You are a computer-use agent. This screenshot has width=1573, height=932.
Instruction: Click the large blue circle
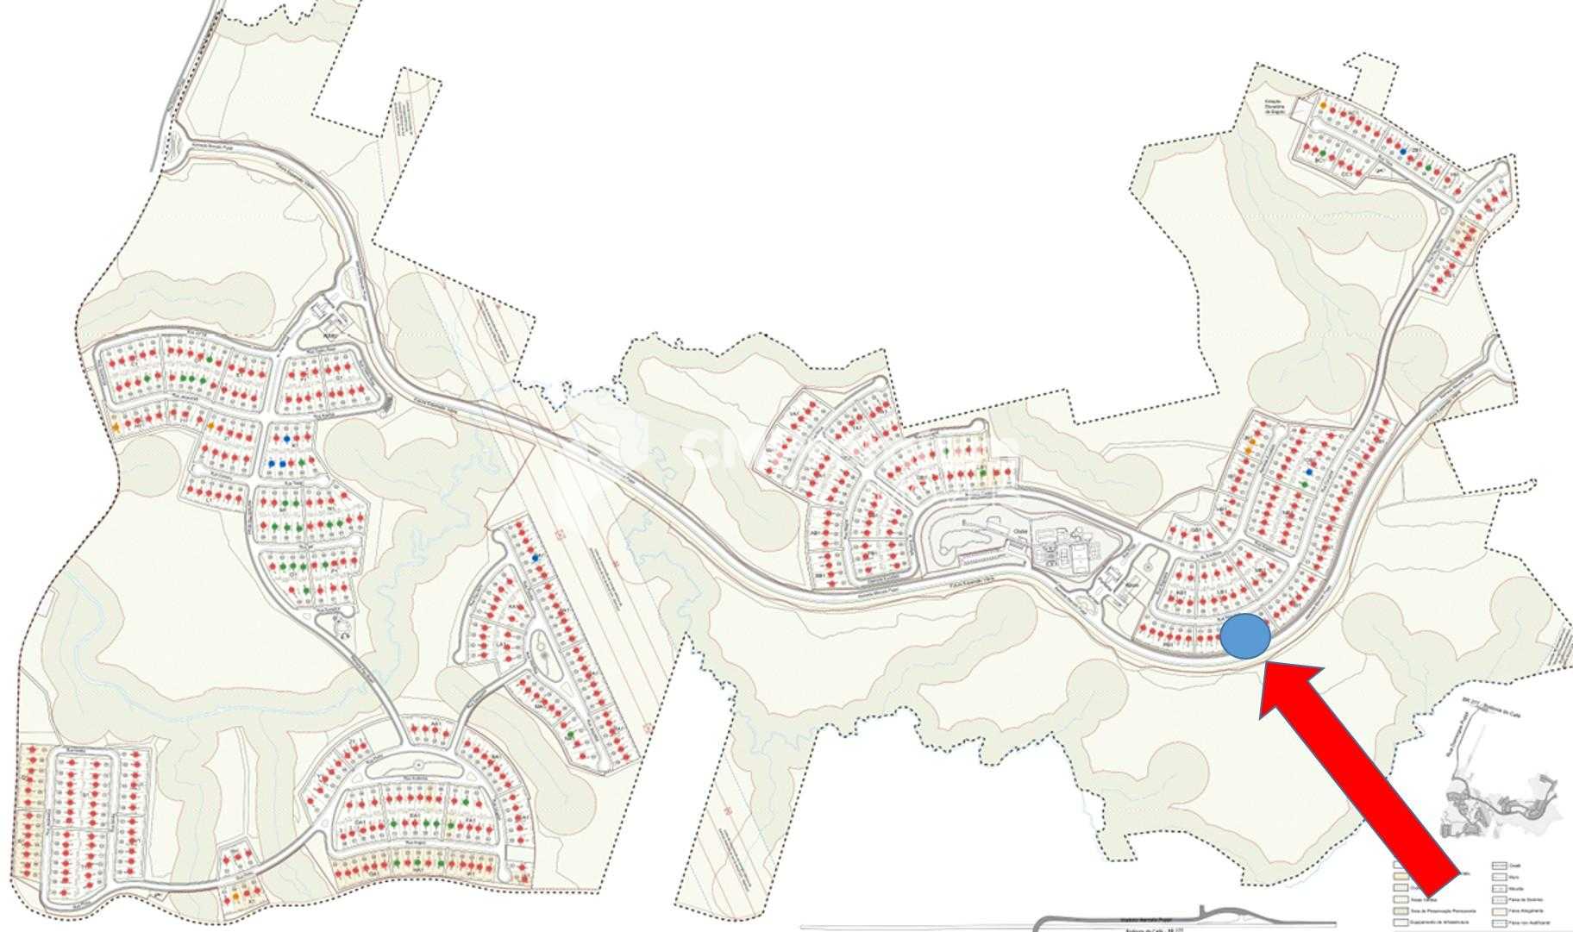pyautogui.click(x=1245, y=637)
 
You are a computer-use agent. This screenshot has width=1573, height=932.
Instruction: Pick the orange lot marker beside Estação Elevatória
pyautogui.click(x=1323, y=105)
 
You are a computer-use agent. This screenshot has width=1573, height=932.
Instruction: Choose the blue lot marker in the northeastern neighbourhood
pyautogui.click(x=1403, y=151)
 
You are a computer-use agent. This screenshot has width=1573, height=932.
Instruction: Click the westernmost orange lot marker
pyautogui.click(x=116, y=427)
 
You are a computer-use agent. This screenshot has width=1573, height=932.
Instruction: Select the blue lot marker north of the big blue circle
pyautogui.click(x=1309, y=472)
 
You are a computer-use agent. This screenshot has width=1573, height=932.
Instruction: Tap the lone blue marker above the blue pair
pyautogui.click(x=287, y=439)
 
